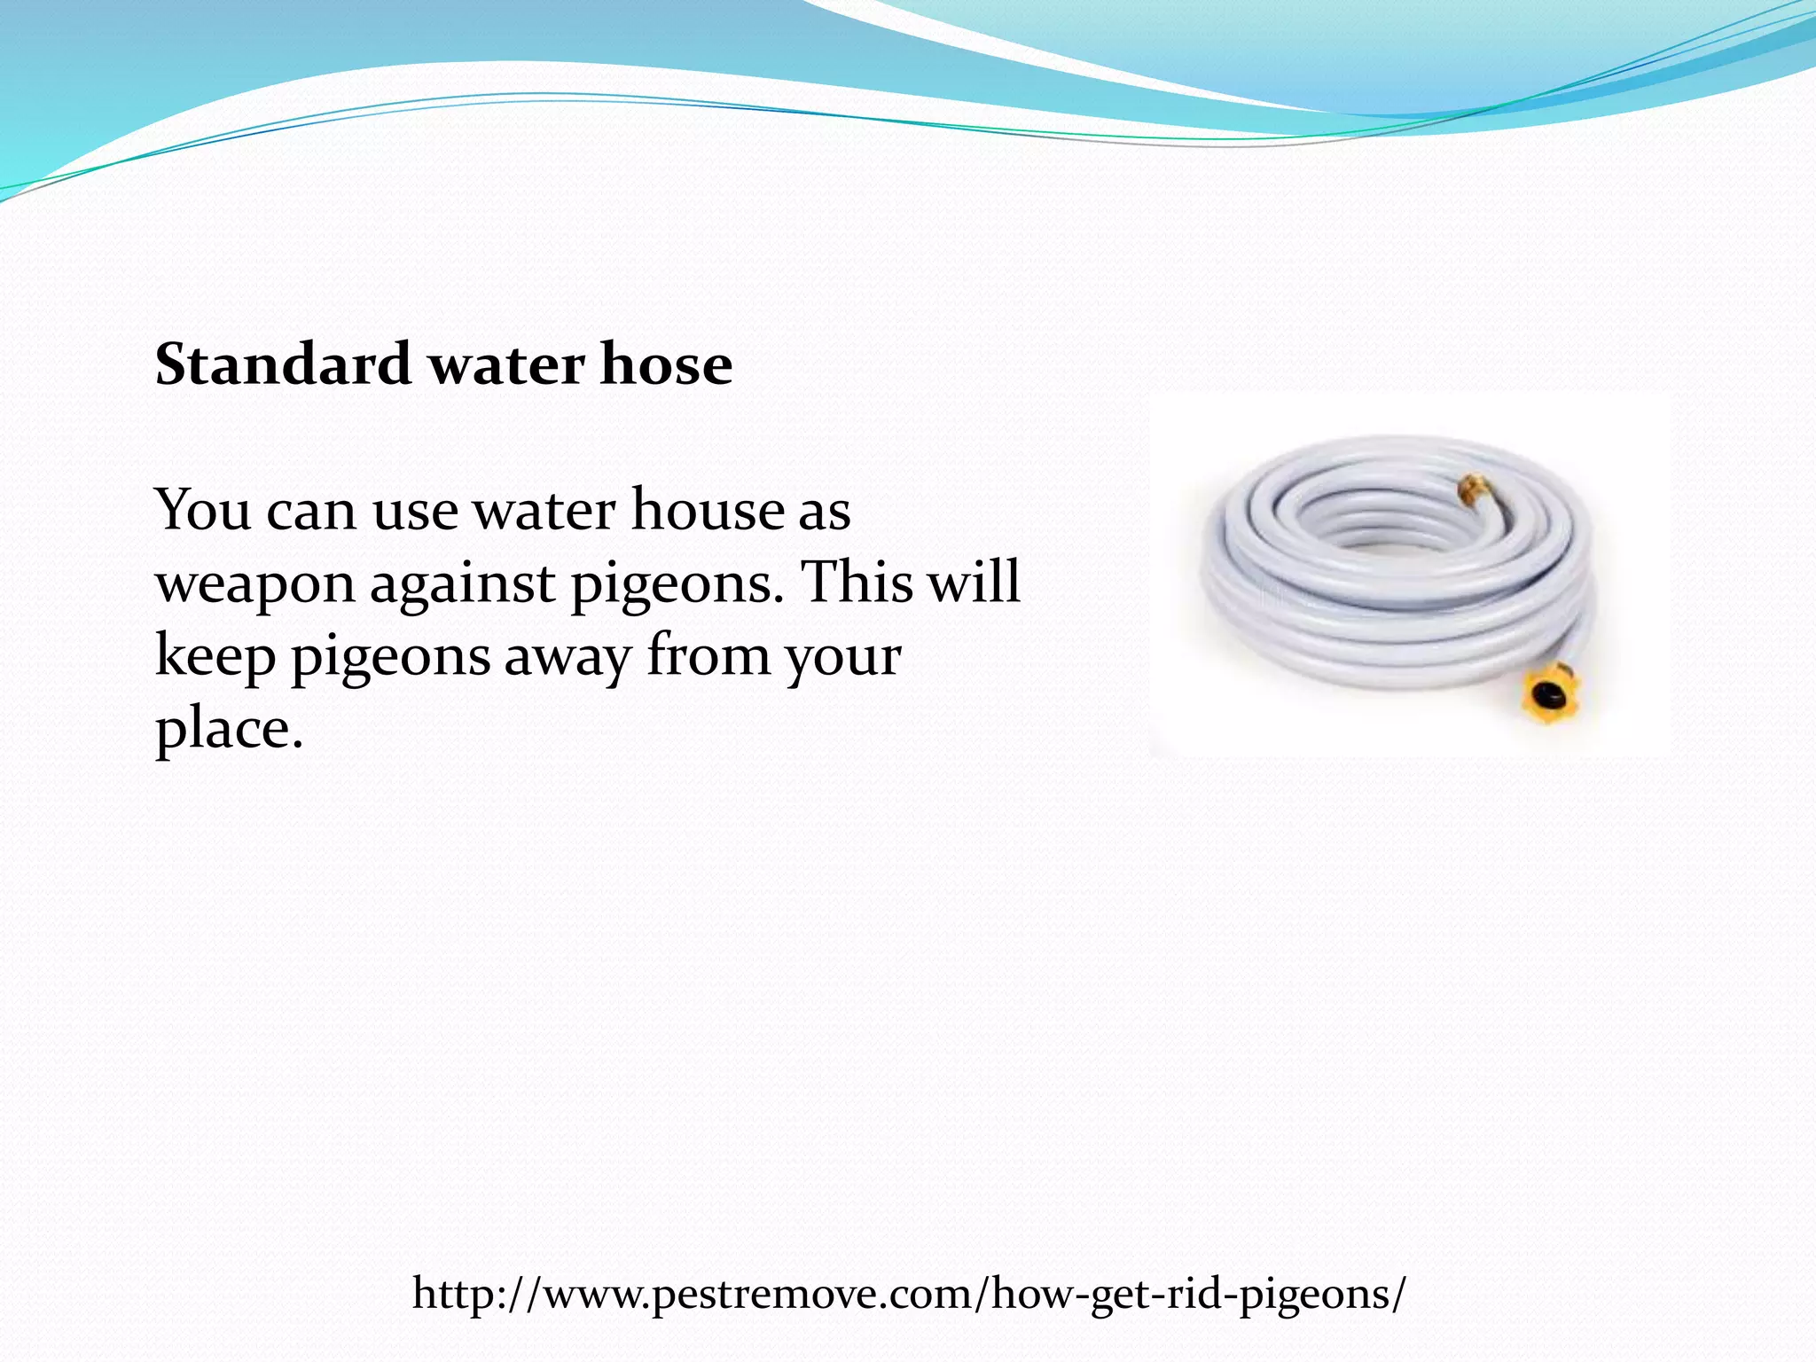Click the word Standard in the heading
(283, 364)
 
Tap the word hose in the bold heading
(666, 364)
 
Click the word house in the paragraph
(708, 511)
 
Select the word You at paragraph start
(203, 511)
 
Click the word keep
(215, 658)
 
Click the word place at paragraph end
(229, 731)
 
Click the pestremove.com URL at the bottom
(909, 1294)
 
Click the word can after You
(309, 513)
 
